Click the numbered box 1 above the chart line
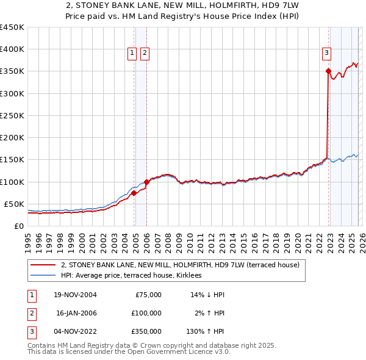pos(132,54)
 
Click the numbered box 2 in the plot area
pos(145,54)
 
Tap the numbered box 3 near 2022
pos(326,53)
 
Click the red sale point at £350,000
pos(328,71)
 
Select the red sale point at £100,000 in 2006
pos(146,182)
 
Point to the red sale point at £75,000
pos(134,193)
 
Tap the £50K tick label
pos(14,204)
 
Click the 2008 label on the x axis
pos(168,239)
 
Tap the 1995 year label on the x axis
pos(28,239)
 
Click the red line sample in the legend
pos(43,265)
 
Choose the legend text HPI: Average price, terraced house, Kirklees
pos(135,276)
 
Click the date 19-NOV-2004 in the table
pos(75,295)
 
